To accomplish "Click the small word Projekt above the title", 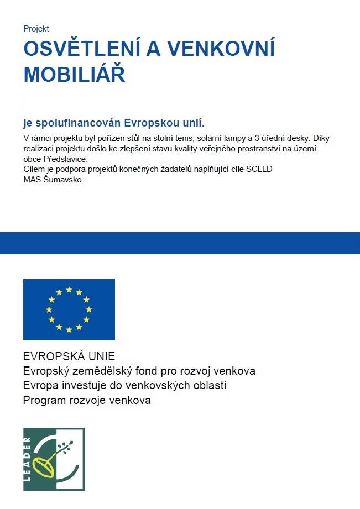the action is click(36, 29).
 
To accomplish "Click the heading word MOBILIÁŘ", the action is click(74, 75).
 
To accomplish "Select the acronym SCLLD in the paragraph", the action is click(262, 169).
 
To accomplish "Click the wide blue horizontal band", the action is click(180, 243).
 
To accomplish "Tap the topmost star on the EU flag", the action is click(69, 289).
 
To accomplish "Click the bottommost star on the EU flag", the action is click(69, 330).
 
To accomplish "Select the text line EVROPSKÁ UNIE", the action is click(69, 356).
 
